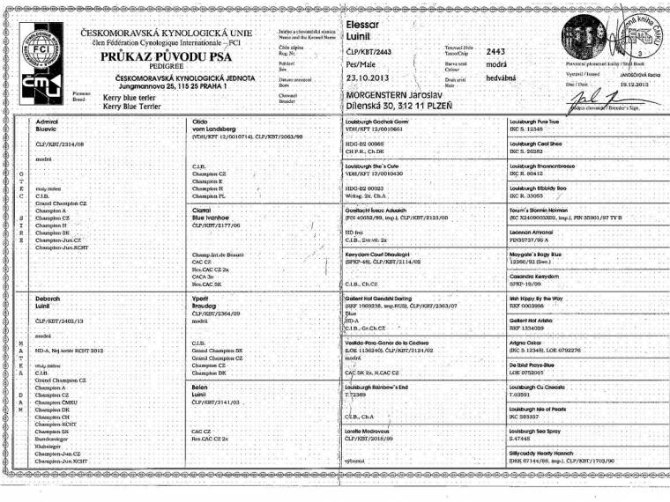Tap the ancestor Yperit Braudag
click(208, 303)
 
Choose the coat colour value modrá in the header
click(496, 65)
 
